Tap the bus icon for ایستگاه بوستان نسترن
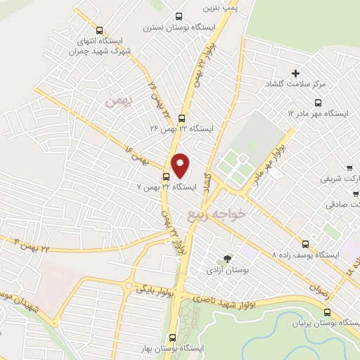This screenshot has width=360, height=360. (x=178, y=17)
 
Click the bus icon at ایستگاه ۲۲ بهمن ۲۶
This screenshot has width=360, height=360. (x=182, y=118)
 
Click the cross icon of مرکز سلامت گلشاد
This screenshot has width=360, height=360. (x=296, y=74)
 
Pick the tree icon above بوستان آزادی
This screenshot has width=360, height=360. (x=226, y=259)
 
